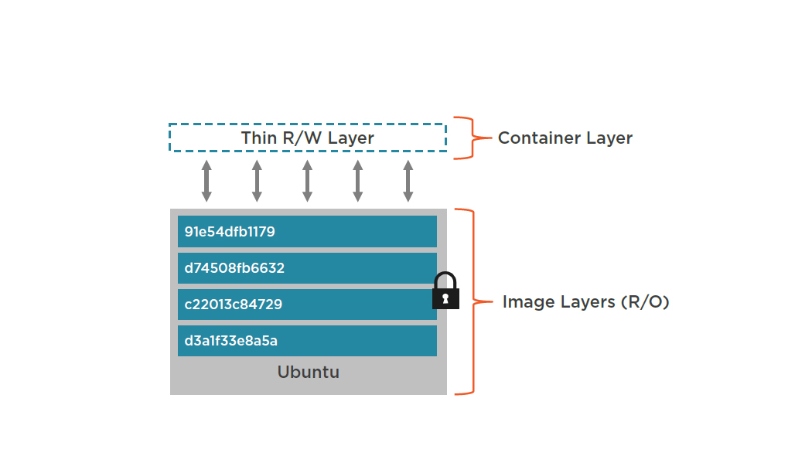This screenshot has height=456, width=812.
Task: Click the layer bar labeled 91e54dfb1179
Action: (307, 231)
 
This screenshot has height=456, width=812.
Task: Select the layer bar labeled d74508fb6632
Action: (307, 268)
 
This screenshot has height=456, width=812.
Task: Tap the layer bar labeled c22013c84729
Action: (307, 305)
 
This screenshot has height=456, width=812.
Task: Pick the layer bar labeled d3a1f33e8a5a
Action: (307, 341)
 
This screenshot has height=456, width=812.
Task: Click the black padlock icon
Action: (445, 291)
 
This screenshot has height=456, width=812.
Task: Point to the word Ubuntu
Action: (308, 373)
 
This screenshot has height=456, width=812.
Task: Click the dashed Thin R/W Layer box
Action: (308, 138)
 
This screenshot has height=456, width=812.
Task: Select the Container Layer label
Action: (565, 138)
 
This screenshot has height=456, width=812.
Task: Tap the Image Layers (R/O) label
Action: (585, 301)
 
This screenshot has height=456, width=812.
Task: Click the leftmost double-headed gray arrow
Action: (206, 181)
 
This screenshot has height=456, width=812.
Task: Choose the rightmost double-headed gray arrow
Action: (408, 181)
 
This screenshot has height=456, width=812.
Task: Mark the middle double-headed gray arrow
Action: (307, 181)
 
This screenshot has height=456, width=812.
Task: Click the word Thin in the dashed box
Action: (258, 138)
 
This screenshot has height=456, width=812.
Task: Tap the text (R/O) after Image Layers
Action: (644, 301)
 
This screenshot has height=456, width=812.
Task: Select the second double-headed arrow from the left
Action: (257, 181)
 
